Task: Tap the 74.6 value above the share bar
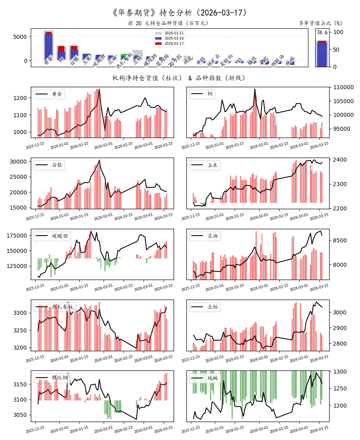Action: pos(322,33)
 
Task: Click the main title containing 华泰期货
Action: pos(180,12)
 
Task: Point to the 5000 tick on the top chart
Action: pos(20,37)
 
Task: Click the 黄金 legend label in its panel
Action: pos(57,94)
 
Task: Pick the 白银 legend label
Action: pos(57,165)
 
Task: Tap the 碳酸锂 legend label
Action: pos(60,236)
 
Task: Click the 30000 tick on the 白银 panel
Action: pos(18,162)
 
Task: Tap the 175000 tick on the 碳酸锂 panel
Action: pos(17,236)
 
